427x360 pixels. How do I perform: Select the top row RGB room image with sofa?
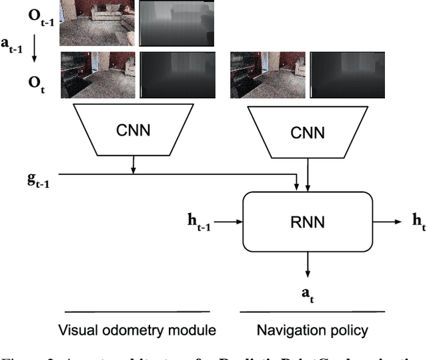[x=98, y=23]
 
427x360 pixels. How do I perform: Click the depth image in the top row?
[x=177, y=23]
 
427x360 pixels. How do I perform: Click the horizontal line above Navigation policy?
[x=306, y=312]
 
